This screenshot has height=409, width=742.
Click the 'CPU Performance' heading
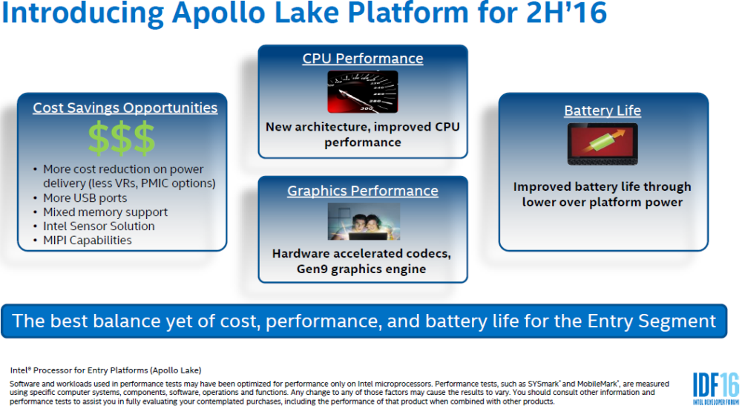click(363, 59)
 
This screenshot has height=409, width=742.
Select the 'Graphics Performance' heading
click(363, 191)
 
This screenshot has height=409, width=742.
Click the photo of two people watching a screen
click(364, 222)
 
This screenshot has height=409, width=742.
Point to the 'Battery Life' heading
click(603, 111)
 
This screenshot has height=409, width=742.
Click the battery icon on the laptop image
click(603, 143)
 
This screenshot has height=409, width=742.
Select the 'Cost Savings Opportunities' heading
click(125, 108)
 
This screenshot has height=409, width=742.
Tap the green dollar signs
click(122, 139)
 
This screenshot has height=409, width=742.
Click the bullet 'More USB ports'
click(85, 198)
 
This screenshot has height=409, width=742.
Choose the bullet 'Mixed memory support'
click(105, 212)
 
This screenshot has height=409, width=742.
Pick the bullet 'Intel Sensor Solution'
click(99, 226)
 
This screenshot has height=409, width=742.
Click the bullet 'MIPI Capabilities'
click(88, 241)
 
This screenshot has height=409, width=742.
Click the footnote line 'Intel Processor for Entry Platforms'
click(105, 370)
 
